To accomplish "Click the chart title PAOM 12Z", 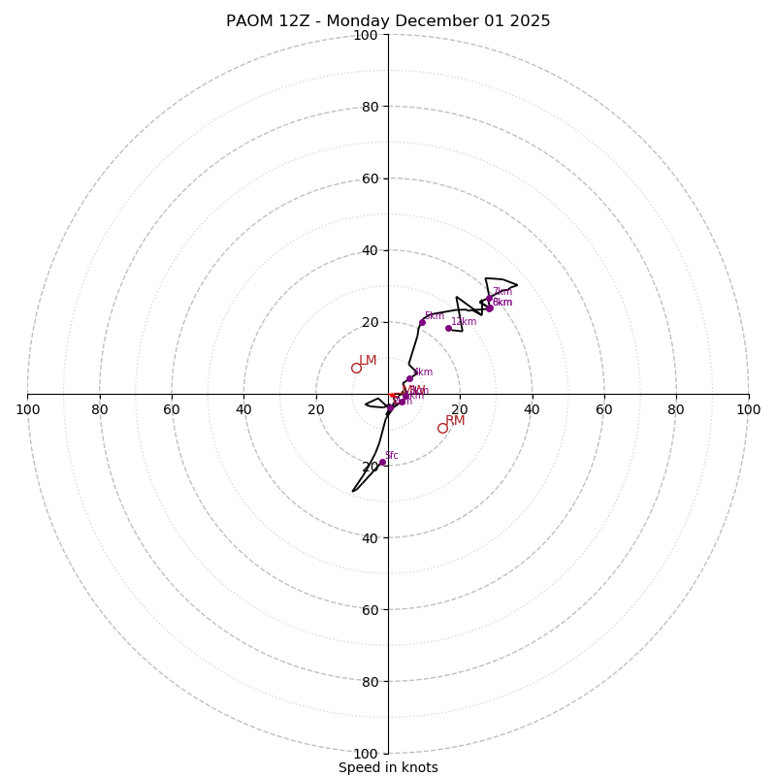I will (x=388, y=21).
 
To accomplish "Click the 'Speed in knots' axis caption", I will (x=388, y=767).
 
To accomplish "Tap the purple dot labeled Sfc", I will (x=382, y=463).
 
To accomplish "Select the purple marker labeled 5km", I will (x=422, y=322).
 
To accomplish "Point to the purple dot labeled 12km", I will (x=448, y=328).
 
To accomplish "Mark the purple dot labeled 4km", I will (x=409, y=378).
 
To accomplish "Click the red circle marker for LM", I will (x=356, y=368).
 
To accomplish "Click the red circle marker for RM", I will (x=442, y=428).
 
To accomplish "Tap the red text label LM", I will (x=368, y=361).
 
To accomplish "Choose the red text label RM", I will (x=455, y=421).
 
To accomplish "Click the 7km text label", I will (x=502, y=292).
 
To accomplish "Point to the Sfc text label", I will (x=392, y=456).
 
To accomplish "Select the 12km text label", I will (x=464, y=322).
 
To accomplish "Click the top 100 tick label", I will (x=366, y=36).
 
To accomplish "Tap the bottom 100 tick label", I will (x=366, y=754).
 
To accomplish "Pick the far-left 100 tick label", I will (x=28, y=409).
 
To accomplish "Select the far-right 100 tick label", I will (x=748, y=409).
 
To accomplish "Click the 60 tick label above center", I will (x=370, y=178).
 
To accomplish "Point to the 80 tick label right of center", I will (x=676, y=409).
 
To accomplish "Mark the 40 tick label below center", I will (x=370, y=537).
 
